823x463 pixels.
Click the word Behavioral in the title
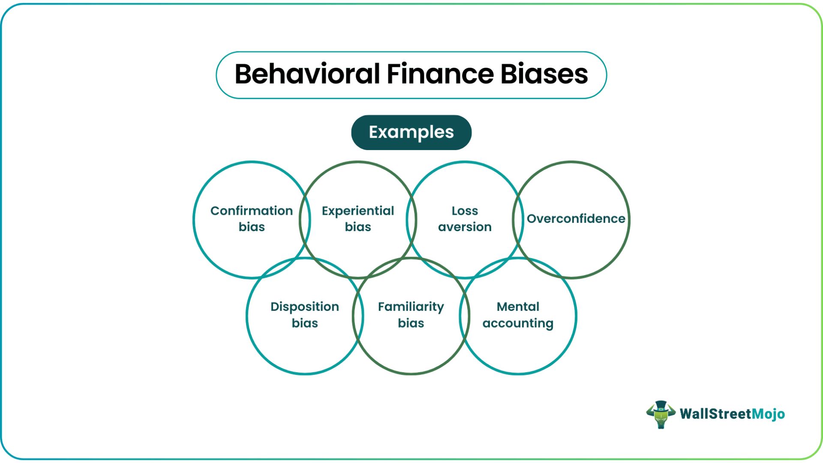[x=307, y=74]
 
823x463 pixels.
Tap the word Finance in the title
[x=440, y=74]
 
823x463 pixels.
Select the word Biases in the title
[x=544, y=74]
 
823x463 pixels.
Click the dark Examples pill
[x=411, y=132]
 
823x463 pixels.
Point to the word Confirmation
[x=252, y=211]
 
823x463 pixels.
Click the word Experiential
[x=358, y=211]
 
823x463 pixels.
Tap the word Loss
[x=465, y=211]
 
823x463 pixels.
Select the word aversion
[x=465, y=227]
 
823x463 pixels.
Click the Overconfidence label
[x=576, y=219]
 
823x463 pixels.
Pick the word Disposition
[x=305, y=307]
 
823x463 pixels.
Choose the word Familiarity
[x=411, y=307]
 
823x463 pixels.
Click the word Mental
[x=518, y=307]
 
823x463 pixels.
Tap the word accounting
[x=518, y=324]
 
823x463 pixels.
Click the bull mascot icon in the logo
[x=661, y=415]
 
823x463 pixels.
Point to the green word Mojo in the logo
[x=769, y=414]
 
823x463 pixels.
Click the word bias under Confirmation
[x=252, y=227]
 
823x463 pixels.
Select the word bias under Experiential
[x=358, y=227]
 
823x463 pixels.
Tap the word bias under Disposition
[x=305, y=323]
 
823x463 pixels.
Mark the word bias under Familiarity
[x=411, y=323]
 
